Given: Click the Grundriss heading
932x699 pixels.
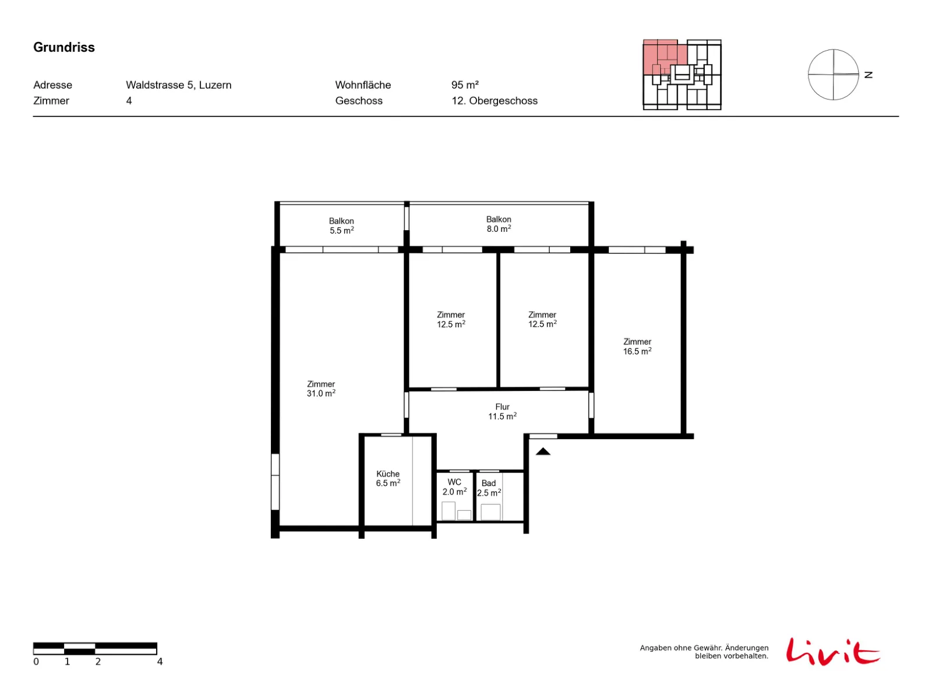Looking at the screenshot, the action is (63, 47).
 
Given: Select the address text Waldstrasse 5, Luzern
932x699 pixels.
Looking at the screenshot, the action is (178, 85).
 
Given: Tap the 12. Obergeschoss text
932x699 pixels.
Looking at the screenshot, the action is (494, 101).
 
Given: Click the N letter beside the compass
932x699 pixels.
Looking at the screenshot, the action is (868, 75).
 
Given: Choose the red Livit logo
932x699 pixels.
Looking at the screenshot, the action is (832, 651).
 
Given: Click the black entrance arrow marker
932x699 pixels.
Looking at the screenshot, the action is (542, 451).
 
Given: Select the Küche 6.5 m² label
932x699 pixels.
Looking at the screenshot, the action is (388, 478).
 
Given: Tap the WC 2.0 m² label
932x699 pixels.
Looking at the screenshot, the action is (454, 487).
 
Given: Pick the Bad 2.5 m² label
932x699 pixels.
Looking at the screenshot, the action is (489, 488).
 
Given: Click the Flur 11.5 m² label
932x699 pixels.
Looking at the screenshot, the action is (502, 411).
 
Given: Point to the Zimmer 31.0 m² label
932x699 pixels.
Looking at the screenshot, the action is (320, 389).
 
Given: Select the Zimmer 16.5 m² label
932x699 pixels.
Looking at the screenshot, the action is (637, 347).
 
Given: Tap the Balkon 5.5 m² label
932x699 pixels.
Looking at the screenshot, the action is (341, 226).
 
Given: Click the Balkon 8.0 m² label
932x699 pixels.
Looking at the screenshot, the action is (499, 224).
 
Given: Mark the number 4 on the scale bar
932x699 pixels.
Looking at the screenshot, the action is (160, 661).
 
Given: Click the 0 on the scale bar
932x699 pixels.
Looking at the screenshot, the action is (36, 661).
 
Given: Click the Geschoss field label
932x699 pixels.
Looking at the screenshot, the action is (358, 101).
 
